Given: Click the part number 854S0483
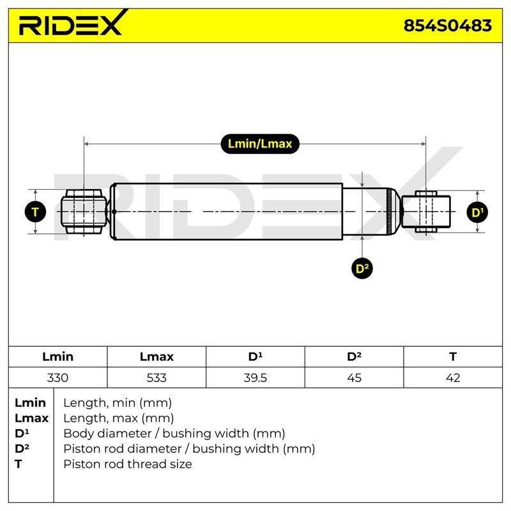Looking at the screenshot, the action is [448, 26].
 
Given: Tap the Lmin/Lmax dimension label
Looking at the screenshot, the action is [260, 144].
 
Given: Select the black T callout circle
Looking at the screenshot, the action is [35, 212].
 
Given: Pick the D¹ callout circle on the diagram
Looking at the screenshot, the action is [477, 213].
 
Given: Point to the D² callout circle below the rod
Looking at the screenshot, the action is [362, 268].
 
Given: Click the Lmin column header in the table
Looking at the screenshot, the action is [57, 356].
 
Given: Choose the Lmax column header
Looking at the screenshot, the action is [156, 356].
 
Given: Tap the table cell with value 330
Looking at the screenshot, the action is [57, 378].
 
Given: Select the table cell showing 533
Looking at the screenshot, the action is [156, 378].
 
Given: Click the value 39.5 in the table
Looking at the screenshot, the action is [255, 378].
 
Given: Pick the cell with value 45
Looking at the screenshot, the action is [354, 378].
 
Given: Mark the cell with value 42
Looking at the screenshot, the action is [453, 378].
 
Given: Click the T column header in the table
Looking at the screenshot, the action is [453, 356].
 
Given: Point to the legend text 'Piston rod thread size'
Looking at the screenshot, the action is [127, 464].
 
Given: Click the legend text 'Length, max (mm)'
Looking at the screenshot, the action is [118, 418].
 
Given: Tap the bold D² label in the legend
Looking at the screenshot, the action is [22, 448].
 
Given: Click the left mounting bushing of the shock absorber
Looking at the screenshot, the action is [84, 212].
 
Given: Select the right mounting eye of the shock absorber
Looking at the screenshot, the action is [426, 212].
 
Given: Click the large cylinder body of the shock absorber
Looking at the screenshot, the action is [226, 212].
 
